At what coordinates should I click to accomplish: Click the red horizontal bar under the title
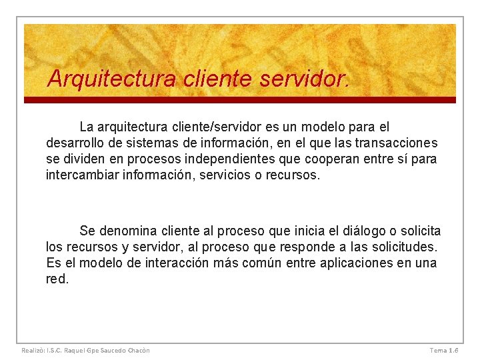[240, 100]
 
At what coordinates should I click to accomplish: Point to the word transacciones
[396, 143]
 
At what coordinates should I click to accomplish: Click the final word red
[57, 279]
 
